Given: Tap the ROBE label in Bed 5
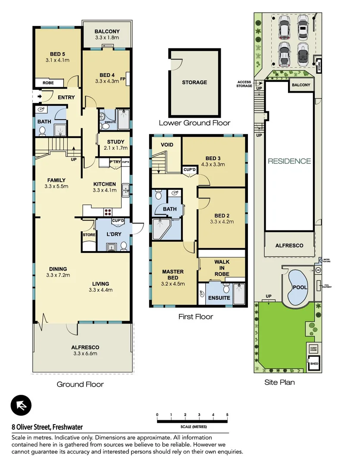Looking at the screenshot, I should (x=47, y=82).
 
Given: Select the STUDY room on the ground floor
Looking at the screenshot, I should (x=115, y=142).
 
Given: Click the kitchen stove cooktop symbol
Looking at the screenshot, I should (x=107, y=211).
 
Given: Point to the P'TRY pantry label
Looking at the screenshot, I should (x=115, y=162).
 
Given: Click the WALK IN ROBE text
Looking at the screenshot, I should (x=222, y=268).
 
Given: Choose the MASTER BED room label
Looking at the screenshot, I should (x=173, y=275).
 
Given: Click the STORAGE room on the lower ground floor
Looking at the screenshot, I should (x=194, y=82).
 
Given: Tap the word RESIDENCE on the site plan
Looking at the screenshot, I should (x=289, y=161).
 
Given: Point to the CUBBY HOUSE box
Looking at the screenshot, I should (x=313, y=348).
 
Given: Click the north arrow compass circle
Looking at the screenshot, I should (x=21, y=406).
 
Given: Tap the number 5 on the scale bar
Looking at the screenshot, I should (x=227, y=415).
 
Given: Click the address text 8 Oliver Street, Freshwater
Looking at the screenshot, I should (x=47, y=428).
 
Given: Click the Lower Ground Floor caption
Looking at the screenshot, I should (x=194, y=123).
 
